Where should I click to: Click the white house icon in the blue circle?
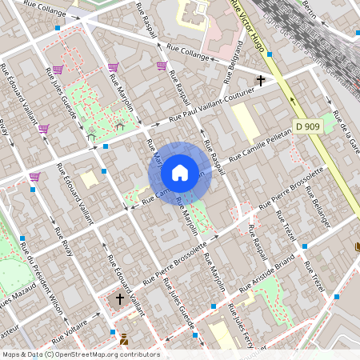pos(180,172)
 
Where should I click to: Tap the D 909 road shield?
pos(306,126)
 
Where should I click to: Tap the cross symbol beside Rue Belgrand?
pos(260,81)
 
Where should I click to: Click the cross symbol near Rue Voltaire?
pos(120,299)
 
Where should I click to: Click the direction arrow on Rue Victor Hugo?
pos(292,102)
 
